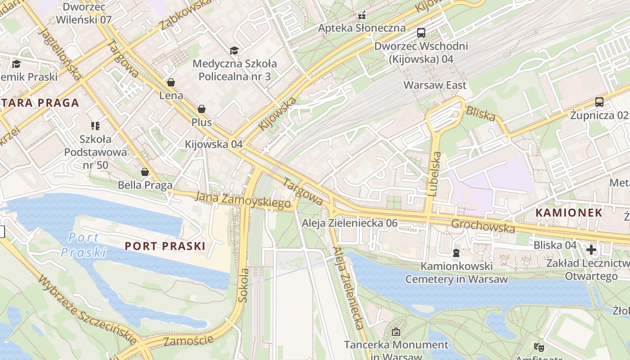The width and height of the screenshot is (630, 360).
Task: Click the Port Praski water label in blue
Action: [84, 245]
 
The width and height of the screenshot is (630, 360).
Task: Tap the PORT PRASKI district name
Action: [165, 246]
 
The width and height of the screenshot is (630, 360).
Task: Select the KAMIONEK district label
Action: [569, 213]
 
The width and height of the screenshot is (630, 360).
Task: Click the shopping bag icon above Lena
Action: [171, 82]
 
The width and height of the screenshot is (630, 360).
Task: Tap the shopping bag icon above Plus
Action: [201, 109]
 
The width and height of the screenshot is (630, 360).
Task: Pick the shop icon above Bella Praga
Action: [145, 172]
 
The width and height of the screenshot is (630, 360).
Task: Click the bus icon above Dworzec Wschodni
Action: [421, 32]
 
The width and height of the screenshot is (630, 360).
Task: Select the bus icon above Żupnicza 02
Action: [599, 102]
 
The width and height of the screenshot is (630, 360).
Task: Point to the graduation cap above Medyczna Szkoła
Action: [234, 50]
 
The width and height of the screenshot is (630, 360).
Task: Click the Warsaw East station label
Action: [435, 85]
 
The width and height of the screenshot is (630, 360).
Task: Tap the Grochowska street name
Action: [483, 226]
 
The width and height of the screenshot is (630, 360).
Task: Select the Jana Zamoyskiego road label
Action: [243, 200]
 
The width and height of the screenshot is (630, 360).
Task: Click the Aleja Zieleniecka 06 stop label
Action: [350, 223]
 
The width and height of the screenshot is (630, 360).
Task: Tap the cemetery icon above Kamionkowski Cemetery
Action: [456, 253]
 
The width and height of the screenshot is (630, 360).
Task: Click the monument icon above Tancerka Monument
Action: [396, 332]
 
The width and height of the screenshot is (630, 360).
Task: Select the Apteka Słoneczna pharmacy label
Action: [362, 28]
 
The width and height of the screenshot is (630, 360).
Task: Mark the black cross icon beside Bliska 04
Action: [591, 249]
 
